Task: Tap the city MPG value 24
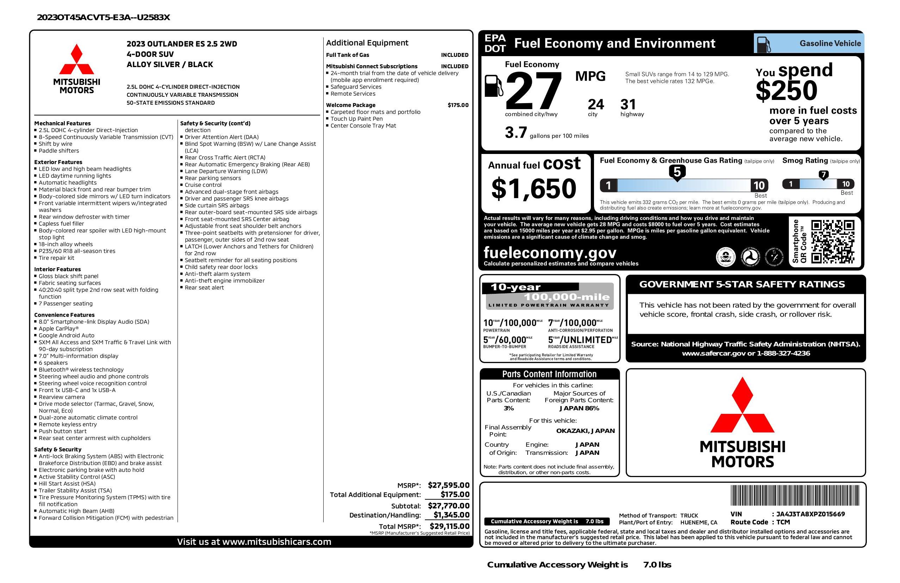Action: (x=596, y=105)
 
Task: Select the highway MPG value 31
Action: (x=628, y=105)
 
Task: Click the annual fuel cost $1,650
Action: (x=534, y=189)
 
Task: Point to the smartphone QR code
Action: (x=832, y=242)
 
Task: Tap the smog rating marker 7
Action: (x=823, y=174)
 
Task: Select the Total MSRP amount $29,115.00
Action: (x=450, y=526)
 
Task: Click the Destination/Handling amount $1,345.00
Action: (x=451, y=515)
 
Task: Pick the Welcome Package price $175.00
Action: (x=458, y=105)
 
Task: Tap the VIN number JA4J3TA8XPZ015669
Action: (x=810, y=514)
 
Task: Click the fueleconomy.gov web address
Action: (x=550, y=252)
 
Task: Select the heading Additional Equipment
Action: (x=367, y=43)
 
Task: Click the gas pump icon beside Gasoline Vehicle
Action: (x=763, y=44)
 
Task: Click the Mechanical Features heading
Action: (x=62, y=123)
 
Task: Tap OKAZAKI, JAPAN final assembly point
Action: (x=585, y=430)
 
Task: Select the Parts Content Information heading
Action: (x=549, y=374)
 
